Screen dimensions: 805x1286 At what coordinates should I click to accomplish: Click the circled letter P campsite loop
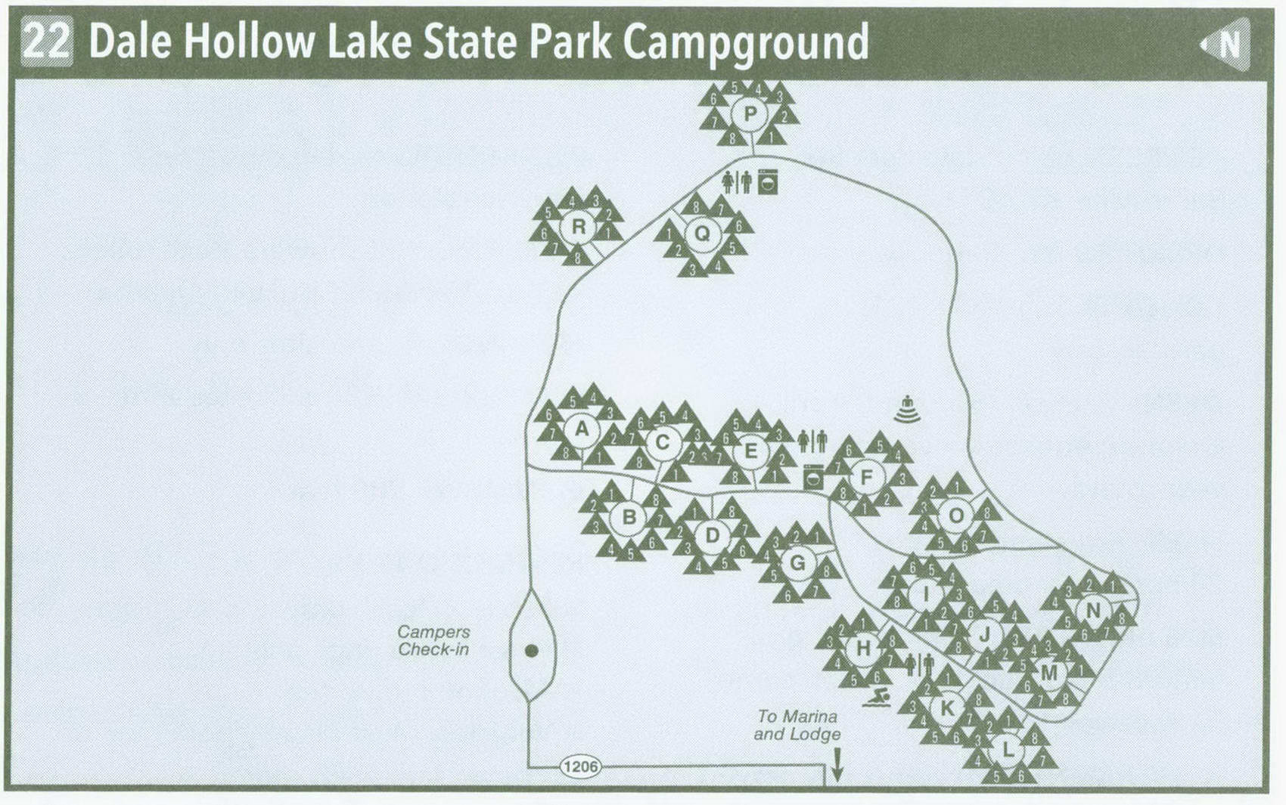pyautogui.click(x=750, y=114)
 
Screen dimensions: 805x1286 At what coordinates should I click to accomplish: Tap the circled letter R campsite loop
pyautogui.click(x=579, y=227)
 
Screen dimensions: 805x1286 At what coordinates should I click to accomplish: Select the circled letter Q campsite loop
pyautogui.click(x=702, y=234)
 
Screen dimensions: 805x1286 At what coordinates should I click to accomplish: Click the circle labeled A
pyautogui.click(x=581, y=429)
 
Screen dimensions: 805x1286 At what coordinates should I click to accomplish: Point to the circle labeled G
pyautogui.click(x=797, y=562)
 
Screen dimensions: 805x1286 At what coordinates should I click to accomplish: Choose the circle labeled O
pyautogui.click(x=955, y=516)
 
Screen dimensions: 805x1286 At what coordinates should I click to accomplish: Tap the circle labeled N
pyautogui.click(x=1092, y=610)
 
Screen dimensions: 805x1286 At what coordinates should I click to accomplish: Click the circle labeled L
pyautogui.click(x=1007, y=750)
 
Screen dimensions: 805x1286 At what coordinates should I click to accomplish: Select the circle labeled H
pyautogui.click(x=862, y=648)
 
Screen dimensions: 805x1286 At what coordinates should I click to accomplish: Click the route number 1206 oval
pyautogui.click(x=580, y=767)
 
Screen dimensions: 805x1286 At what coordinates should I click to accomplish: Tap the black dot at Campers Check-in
pyautogui.click(x=531, y=650)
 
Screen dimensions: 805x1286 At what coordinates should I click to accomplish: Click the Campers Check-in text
pyautogui.click(x=433, y=640)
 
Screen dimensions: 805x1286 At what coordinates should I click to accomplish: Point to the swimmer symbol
pyautogui.click(x=877, y=698)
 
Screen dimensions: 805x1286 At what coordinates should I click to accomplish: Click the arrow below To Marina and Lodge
pyautogui.click(x=837, y=765)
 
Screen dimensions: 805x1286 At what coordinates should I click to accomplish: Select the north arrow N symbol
pyautogui.click(x=1226, y=44)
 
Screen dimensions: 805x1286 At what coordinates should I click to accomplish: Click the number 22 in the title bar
pyautogui.click(x=46, y=42)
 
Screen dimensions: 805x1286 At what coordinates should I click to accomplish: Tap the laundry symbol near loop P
pyautogui.click(x=768, y=182)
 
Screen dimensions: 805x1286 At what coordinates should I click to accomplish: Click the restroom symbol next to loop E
pyautogui.click(x=812, y=440)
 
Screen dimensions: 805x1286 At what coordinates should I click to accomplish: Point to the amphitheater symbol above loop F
pyautogui.click(x=907, y=410)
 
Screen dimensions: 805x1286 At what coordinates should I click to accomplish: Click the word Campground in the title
pyautogui.click(x=746, y=42)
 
